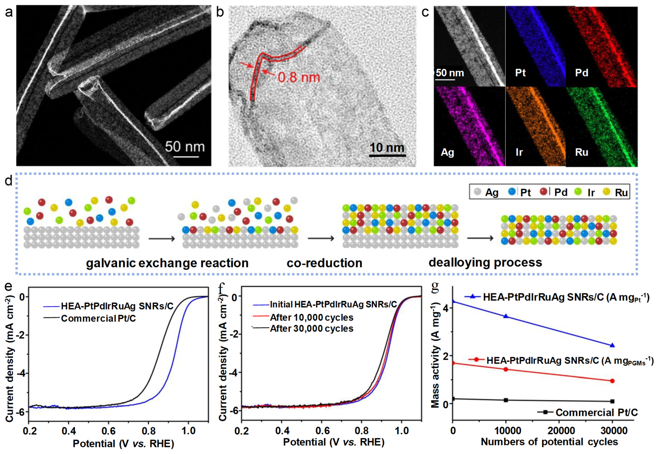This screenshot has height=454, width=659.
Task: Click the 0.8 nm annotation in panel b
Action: click(x=299, y=77)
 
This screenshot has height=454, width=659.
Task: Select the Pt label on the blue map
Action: click(x=520, y=73)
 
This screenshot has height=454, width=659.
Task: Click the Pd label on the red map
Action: click(x=582, y=73)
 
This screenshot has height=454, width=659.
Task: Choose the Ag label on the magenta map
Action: click(x=447, y=152)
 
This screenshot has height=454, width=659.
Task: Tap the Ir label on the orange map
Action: click(x=519, y=152)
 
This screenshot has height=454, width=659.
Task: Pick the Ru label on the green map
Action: click(x=582, y=152)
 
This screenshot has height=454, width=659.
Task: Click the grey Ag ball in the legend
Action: click(x=478, y=192)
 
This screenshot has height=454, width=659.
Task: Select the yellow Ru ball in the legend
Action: click(x=607, y=192)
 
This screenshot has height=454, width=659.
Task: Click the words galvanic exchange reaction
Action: click(x=167, y=263)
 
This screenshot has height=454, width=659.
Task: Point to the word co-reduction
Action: click(x=324, y=263)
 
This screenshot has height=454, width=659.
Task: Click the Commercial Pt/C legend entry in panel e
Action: click(x=98, y=318)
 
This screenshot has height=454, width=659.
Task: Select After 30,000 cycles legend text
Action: click(x=312, y=328)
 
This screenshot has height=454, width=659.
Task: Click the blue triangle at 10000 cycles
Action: click(x=506, y=316)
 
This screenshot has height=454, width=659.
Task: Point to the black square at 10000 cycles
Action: click(x=506, y=400)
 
